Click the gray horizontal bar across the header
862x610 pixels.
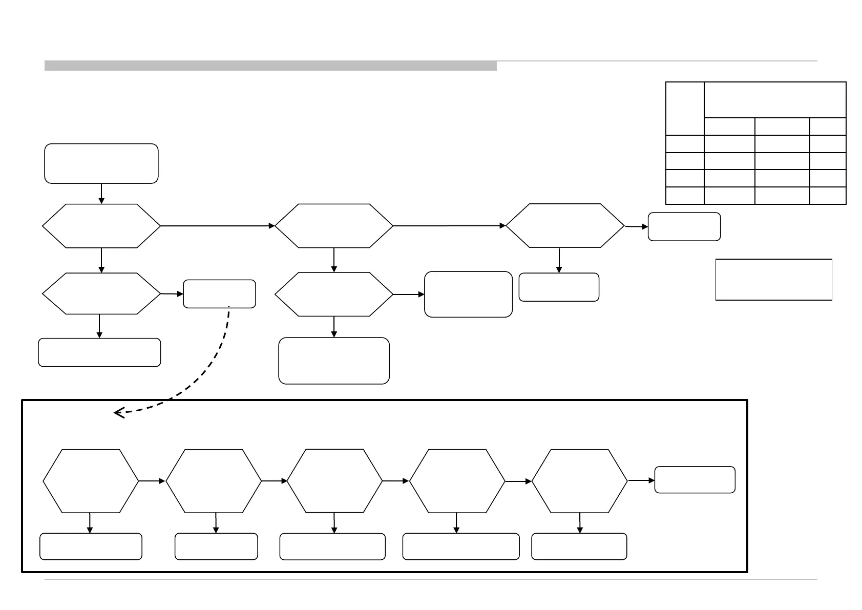pos(270,66)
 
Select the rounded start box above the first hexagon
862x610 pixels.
pos(101,163)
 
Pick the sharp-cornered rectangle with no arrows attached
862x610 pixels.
pos(773,279)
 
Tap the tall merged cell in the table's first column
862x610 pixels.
pos(685,108)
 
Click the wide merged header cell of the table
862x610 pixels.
pos(775,99)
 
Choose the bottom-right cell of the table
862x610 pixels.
pos(828,196)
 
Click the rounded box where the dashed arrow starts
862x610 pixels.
pos(219,293)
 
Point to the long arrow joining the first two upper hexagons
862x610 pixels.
pos(218,226)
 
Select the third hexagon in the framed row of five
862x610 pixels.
pos(334,480)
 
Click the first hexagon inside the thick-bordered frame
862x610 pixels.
pos(91,481)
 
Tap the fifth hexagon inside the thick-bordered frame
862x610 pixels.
pos(580,481)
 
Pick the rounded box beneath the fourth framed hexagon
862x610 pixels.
pos(461,546)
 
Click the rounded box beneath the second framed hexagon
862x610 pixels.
pos(216,546)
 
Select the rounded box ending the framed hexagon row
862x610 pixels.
pos(695,480)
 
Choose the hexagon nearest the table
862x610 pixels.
pos(565,226)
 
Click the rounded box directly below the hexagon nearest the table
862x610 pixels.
pos(559,287)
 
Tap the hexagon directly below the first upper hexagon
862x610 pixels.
pos(101,293)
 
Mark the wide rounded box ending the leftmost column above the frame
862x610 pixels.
pos(99,352)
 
